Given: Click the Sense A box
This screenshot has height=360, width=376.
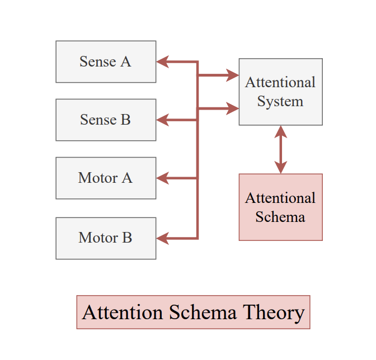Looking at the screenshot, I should (106, 61).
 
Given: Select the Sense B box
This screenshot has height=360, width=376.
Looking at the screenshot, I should (106, 120).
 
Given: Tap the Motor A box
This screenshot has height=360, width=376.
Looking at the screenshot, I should (106, 178).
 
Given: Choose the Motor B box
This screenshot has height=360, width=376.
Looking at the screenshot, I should (106, 238).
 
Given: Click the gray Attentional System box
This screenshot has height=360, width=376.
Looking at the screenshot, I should (280, 92).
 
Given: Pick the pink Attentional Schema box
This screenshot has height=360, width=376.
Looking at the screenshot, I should (280, 207).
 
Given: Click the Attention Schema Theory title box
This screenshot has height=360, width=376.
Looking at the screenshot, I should (193, 312).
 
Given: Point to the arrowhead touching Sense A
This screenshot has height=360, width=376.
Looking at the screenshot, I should (162, 61).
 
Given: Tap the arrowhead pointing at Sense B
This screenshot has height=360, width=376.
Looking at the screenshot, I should (162, 119).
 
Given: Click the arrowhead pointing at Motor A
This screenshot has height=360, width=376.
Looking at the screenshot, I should (162, 178).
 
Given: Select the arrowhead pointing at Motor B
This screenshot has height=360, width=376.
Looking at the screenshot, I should (162, 239).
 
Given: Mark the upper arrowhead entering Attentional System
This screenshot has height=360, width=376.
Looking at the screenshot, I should (233, 75).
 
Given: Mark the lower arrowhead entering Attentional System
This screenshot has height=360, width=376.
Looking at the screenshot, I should (233, 108).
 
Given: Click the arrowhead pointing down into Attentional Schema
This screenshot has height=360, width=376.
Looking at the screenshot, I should (281, 167).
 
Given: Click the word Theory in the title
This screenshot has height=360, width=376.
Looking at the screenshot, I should (274, 312).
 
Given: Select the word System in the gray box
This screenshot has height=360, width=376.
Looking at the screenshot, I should (280, 102).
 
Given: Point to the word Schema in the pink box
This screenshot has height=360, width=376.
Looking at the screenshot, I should (280, 217).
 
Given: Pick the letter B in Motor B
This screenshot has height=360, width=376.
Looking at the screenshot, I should (127, 238).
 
